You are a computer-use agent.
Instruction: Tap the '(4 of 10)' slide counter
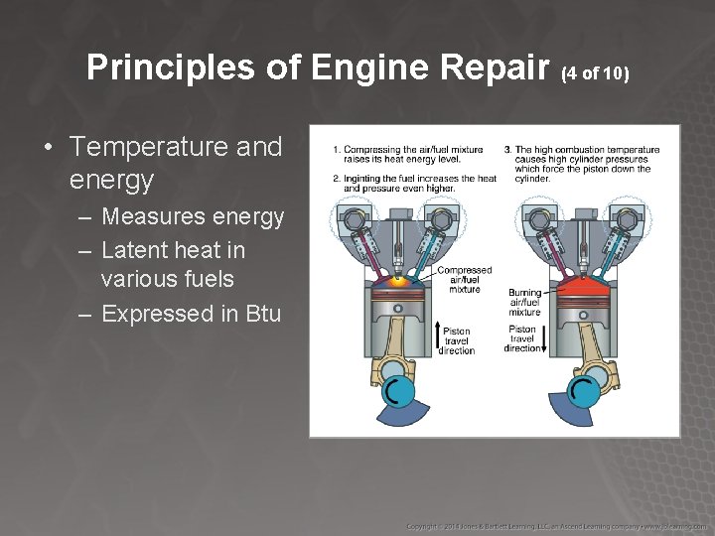click(x=596, y=72)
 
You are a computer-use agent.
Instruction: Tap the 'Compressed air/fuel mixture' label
click(x=464, y=279)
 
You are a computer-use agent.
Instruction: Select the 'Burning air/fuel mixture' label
click(x=525, y=303)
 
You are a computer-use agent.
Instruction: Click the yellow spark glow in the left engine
click(x=400, y=281)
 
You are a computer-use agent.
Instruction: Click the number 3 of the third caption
click(x=507, y=150)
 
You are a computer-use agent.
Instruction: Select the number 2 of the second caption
click(x=337, y=179)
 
